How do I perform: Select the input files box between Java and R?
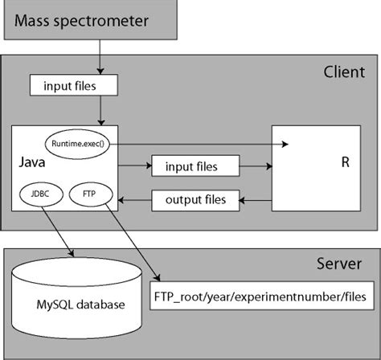(x=196, y=166)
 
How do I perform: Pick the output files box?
(x=195, y=198)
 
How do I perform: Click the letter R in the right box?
(x=346, y=162)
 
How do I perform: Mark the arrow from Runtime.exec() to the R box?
(x=201, y=143)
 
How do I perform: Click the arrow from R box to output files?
(x=255, y=198)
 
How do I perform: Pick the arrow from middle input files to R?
(x=255, y=166)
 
